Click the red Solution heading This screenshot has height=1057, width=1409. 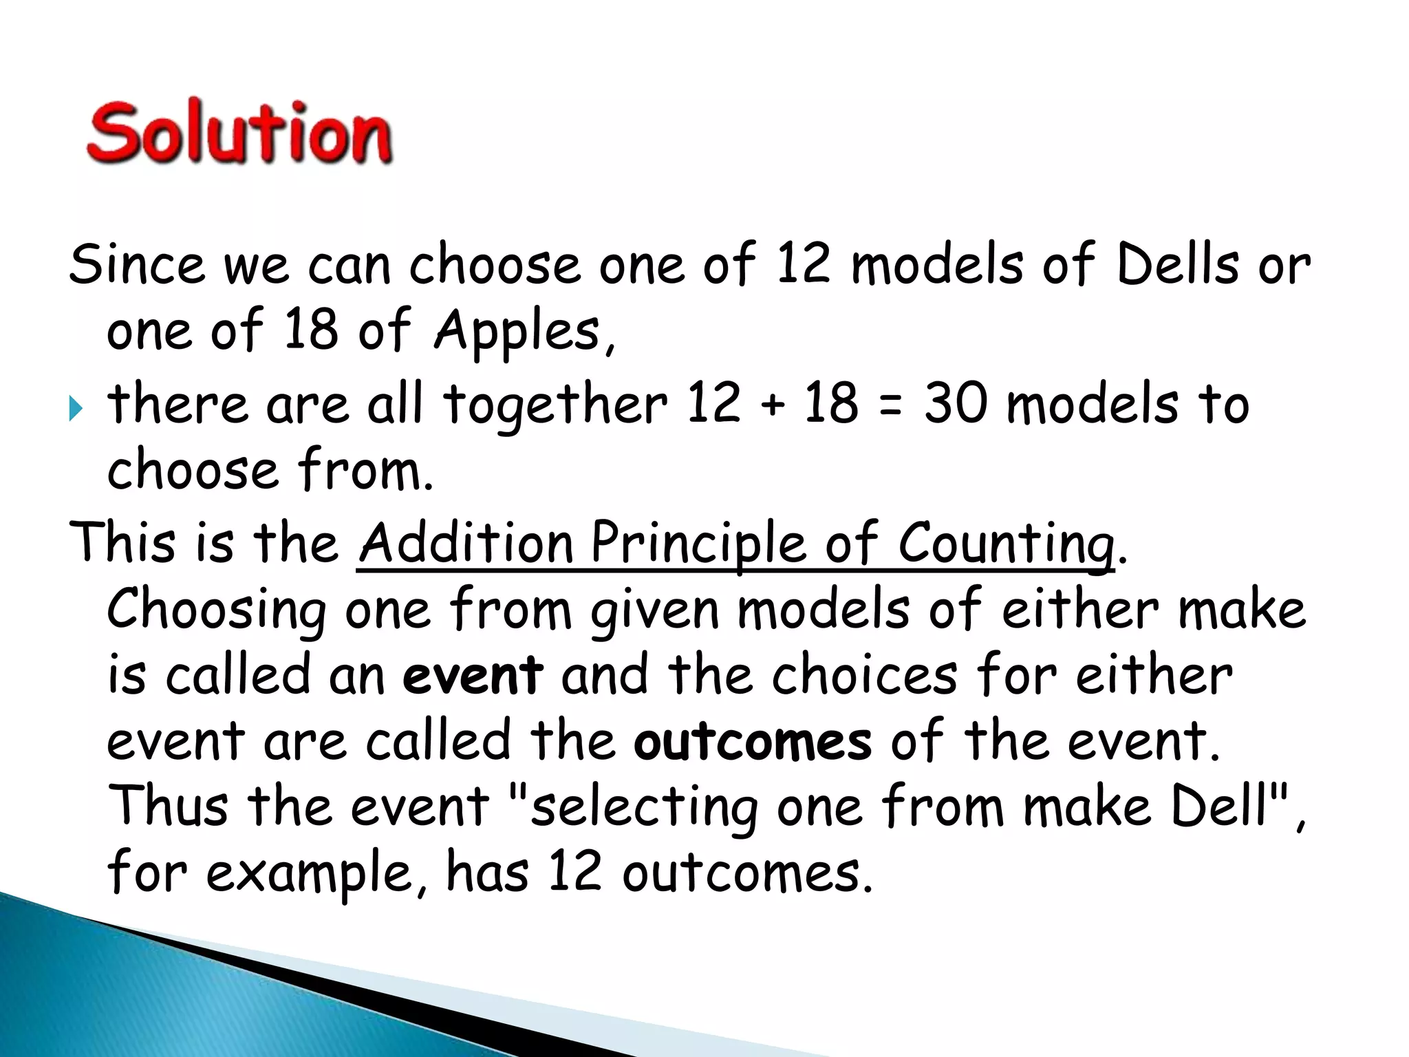point(239,133)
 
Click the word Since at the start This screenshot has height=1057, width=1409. point(136,264)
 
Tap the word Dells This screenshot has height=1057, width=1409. point(1177,264)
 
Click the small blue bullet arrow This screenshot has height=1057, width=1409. point(76,410)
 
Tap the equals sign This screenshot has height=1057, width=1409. point(890,406)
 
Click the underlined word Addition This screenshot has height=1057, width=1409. point(466,542)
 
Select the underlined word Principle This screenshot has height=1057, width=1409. point(698,544)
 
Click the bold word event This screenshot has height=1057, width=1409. point(473,676)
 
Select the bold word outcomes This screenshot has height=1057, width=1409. point(752,742)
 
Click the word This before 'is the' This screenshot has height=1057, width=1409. point(122,542)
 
